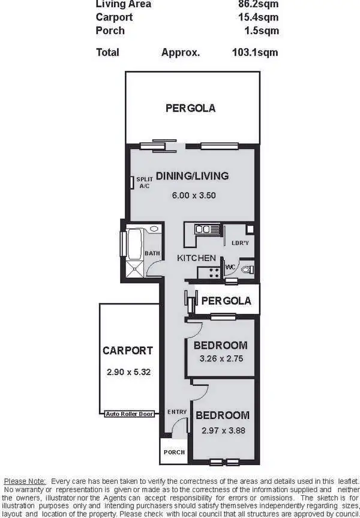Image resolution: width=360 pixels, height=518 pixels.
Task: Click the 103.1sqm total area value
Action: pyautogui.click(x=254, y=52)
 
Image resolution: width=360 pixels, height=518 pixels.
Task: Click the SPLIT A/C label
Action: pyautogui.click(x=145, y=182)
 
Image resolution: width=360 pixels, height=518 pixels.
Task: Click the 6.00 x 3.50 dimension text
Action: pyautogui.click(x=193, y=194)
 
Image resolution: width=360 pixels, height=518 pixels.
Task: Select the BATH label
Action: pyautogui.click(x=152, y=253)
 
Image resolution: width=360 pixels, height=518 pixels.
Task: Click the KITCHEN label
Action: pyautogui.click(x=196, y=257)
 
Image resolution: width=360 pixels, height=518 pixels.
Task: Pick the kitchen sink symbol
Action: pyautogui.click(x=203, y=229)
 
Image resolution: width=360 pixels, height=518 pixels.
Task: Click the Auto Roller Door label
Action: pyautogui.click(x=129, y=414)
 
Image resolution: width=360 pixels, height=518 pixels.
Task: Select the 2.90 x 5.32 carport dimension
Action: pyautogui.click(x=128, y=372)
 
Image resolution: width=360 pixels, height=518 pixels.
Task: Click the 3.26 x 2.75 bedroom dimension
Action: pyautogui.click(x=220, y=359)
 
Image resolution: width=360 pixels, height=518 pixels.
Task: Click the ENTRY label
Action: pyautogui.click(x=177, y=412)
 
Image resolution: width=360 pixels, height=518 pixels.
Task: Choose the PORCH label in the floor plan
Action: pyautogui.click(x=174, y=452)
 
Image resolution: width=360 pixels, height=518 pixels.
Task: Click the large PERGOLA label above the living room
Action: pyautogui.click(x=190, y=109)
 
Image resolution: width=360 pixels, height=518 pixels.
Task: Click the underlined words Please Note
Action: pyautogui.click(x=25, y=481)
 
